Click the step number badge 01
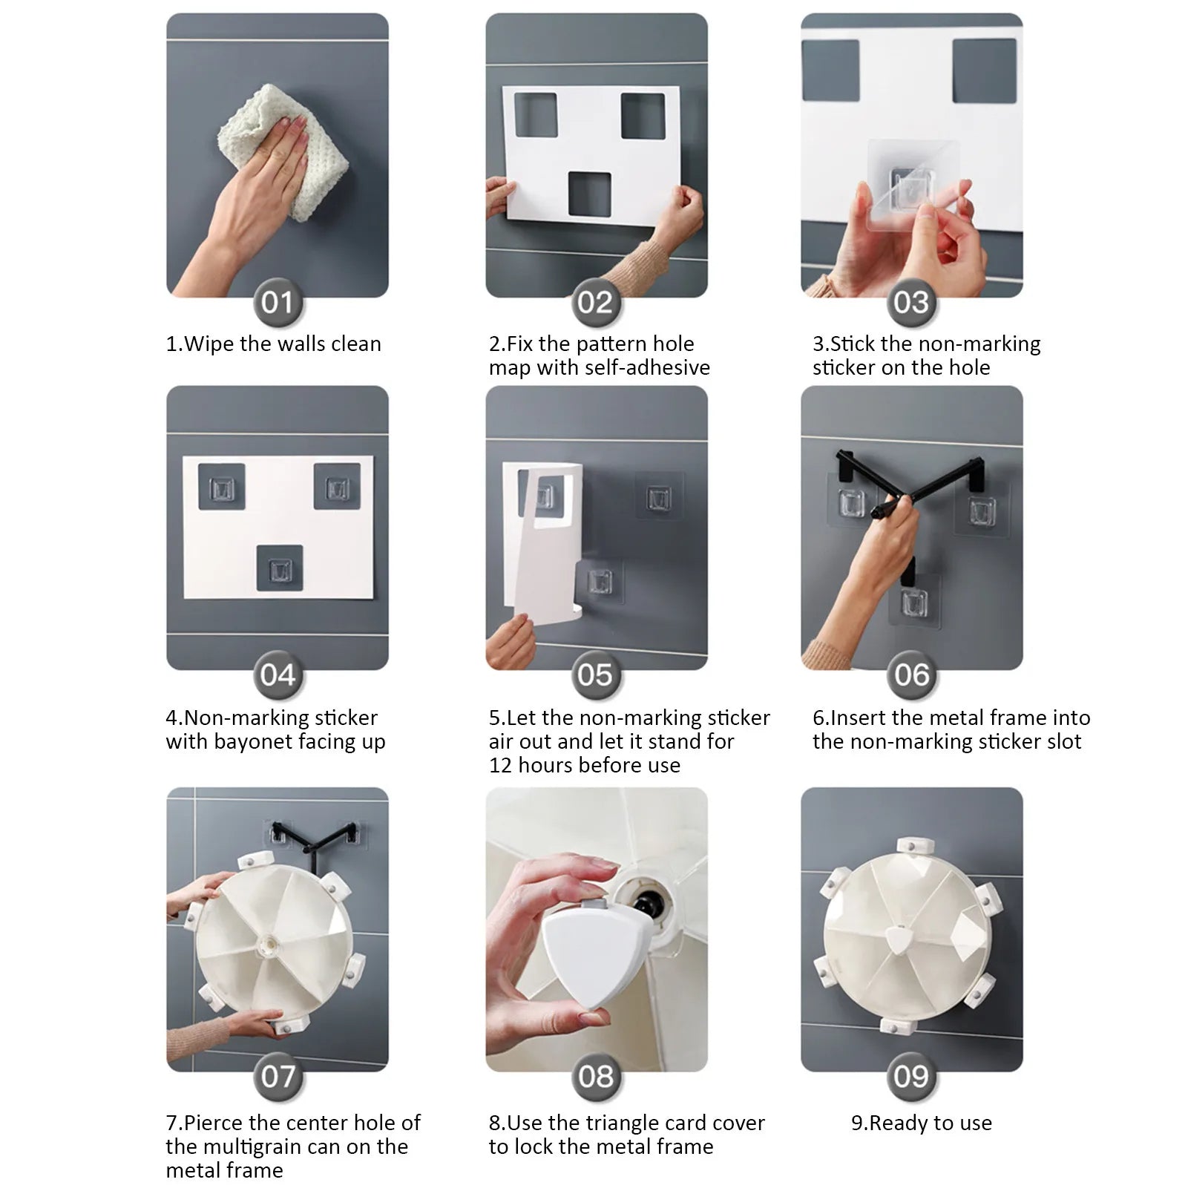point(278,302)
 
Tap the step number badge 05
point(595,675)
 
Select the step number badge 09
point(911,1076)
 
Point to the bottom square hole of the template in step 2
point(590,194)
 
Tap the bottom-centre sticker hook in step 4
point(280,568)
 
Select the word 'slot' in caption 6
point(1063,742)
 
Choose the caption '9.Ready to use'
point(922,1123)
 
